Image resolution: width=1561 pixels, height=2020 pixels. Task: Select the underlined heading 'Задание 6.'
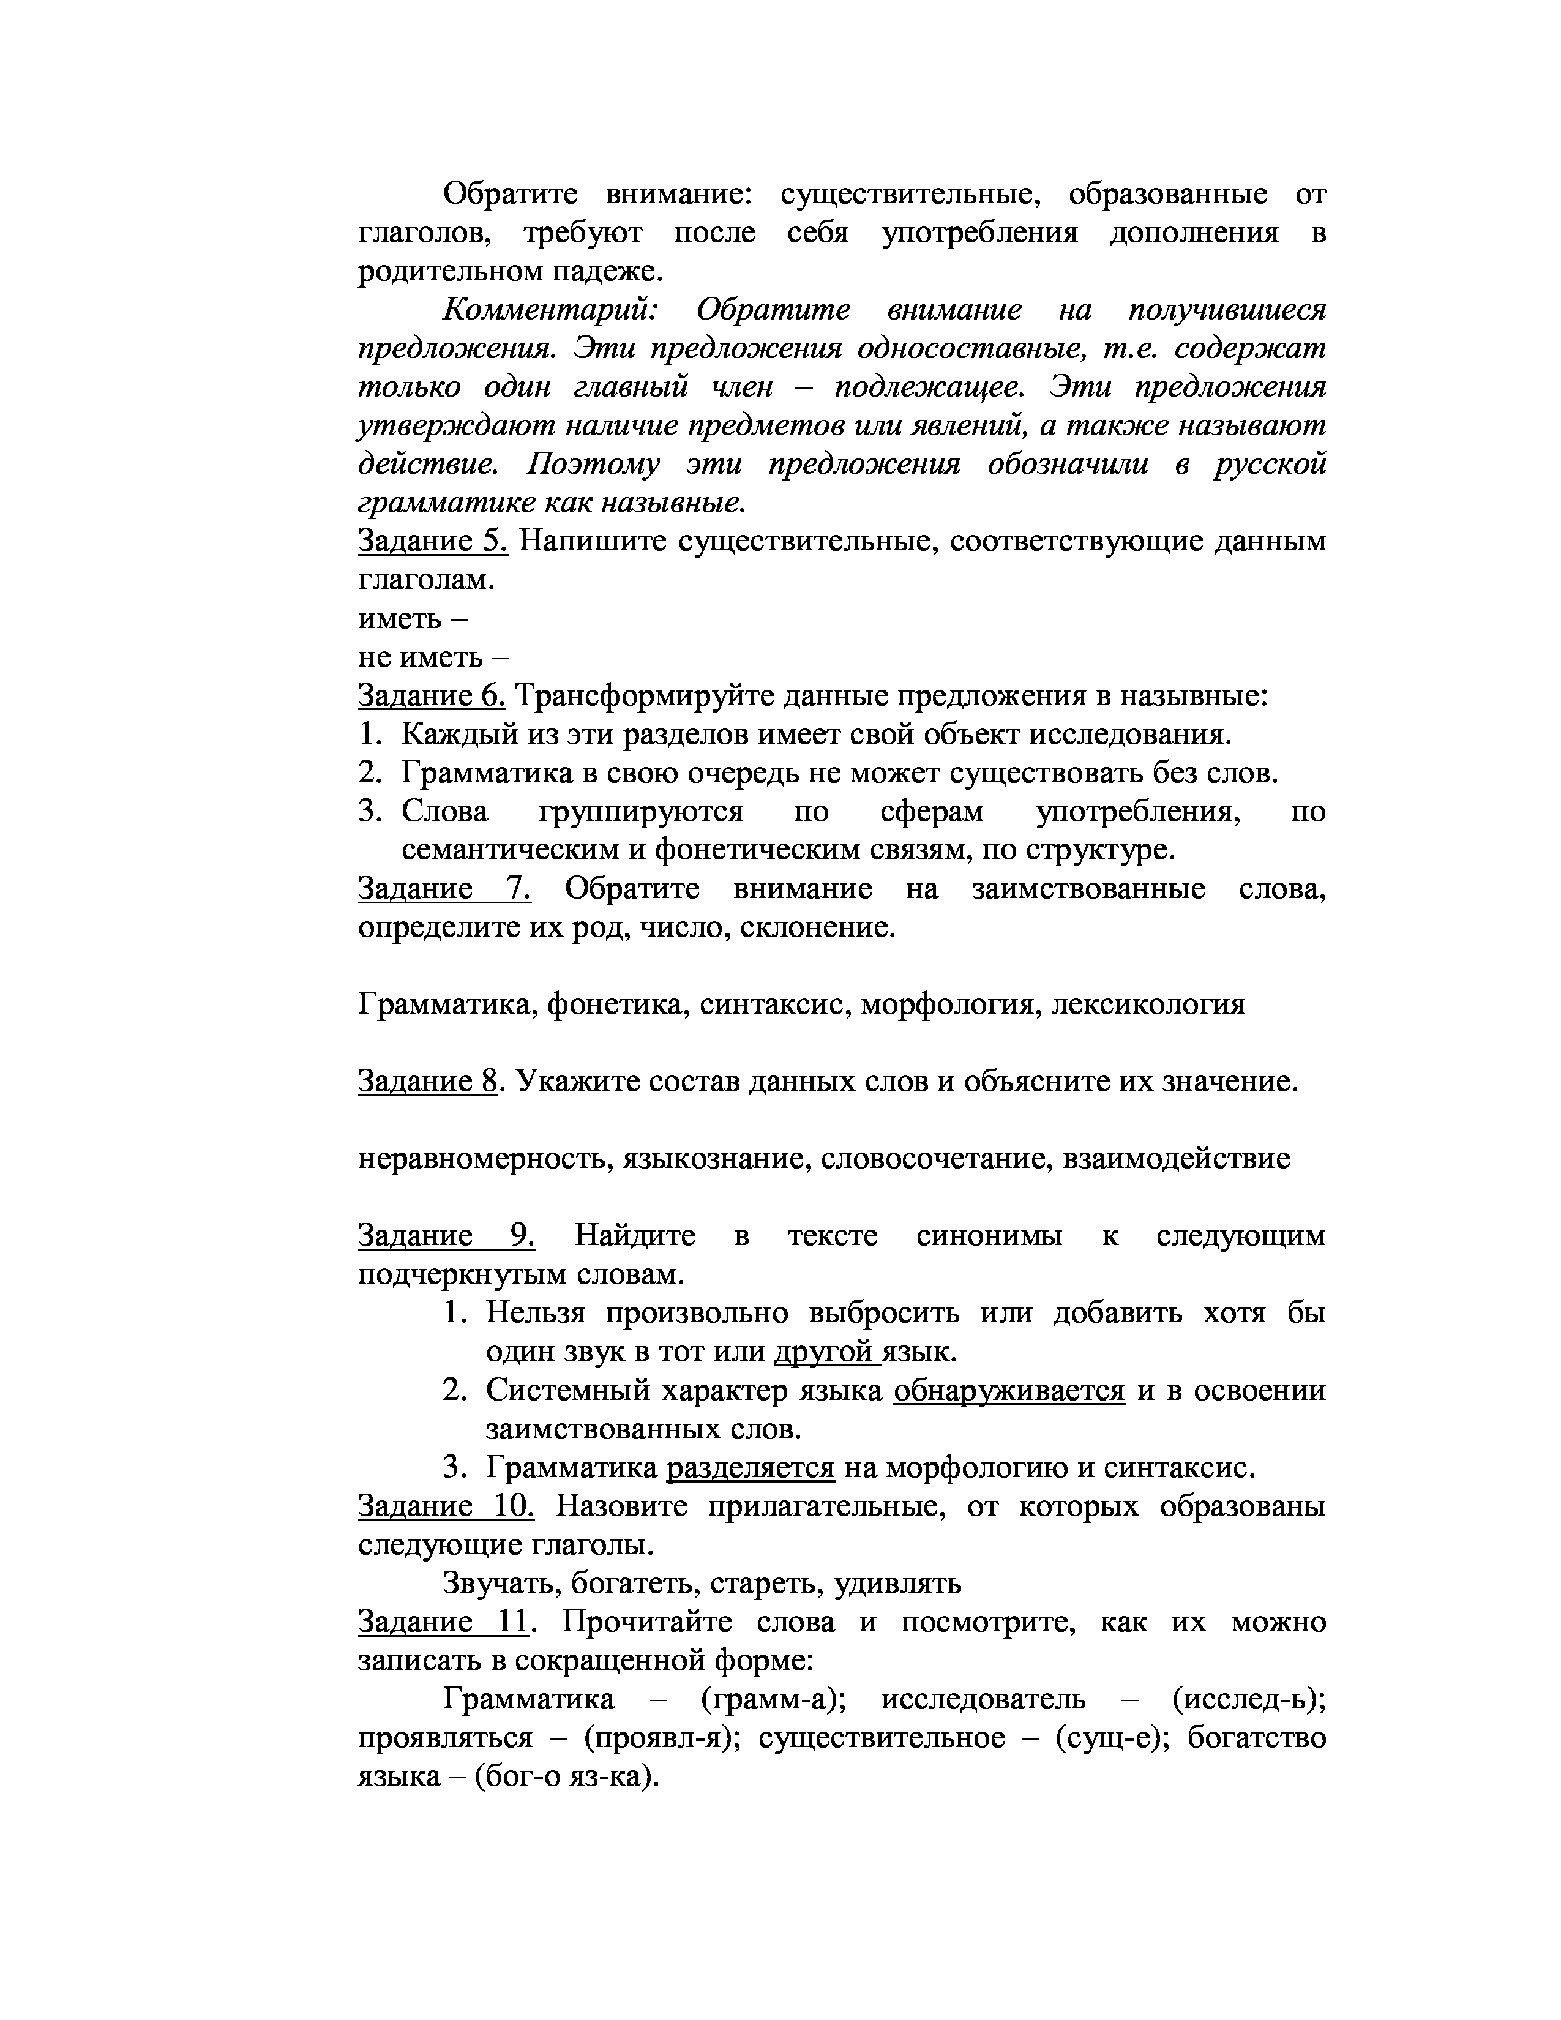point(432,695)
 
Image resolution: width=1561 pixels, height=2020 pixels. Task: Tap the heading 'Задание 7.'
point(444,889)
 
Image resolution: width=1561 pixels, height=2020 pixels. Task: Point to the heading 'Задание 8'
point(427,1080)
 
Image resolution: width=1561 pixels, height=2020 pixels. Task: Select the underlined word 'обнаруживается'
point(1009,1390)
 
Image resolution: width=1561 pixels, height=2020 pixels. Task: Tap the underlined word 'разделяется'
point(750,1467)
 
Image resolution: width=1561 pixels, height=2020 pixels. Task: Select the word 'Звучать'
point(500,1584)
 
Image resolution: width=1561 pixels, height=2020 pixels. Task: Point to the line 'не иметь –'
point(433,657)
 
